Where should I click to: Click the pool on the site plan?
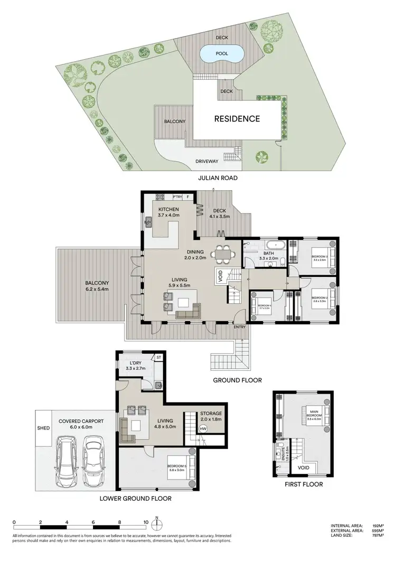(222, 53)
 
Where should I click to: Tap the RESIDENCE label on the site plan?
(237, 119)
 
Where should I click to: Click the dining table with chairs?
(222, 254)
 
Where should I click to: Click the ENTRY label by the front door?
(240, 327)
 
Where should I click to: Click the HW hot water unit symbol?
(203, 428)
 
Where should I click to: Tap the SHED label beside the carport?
(43, 428)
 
